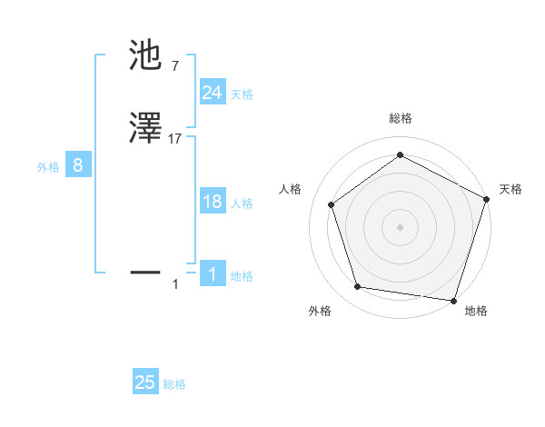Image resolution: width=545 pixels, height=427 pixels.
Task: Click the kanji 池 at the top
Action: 146,56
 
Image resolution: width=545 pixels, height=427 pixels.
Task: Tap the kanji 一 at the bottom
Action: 146,271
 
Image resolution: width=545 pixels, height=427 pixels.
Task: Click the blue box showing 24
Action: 212,93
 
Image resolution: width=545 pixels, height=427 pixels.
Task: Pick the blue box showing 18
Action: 212,202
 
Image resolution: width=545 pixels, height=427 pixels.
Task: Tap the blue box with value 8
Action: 78,165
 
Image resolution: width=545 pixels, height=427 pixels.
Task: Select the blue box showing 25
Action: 145,382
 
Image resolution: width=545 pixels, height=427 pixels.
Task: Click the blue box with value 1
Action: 212,274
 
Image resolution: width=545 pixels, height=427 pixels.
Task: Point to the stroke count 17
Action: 175,139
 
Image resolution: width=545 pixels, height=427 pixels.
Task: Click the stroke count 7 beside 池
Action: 174,66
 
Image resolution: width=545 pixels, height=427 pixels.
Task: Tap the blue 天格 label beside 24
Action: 241,94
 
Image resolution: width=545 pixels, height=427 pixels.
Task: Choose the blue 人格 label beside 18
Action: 241,204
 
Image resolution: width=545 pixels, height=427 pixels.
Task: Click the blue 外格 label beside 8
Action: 47,167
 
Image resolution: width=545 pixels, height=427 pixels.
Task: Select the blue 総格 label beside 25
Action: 174,384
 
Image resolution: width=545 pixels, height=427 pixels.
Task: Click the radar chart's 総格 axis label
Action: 400,118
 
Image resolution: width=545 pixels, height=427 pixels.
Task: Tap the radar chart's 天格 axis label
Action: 510,189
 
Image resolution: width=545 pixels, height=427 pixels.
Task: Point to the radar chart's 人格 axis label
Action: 290,189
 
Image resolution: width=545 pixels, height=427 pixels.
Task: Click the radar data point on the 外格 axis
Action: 358,287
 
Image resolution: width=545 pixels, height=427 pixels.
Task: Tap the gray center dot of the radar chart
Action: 400,226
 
